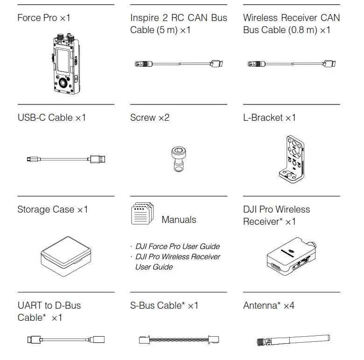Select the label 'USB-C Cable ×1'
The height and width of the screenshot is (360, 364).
(52, 118)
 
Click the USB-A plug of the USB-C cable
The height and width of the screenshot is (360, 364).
(98, 159)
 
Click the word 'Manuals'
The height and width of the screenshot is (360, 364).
(179, 220)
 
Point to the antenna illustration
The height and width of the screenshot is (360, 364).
(294, 339)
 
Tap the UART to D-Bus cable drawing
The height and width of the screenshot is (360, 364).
(65, 339)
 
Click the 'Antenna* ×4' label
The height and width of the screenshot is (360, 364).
(268, 305)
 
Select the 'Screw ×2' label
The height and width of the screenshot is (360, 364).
(150, 118)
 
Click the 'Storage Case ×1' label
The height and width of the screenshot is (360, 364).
(53, 209)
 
